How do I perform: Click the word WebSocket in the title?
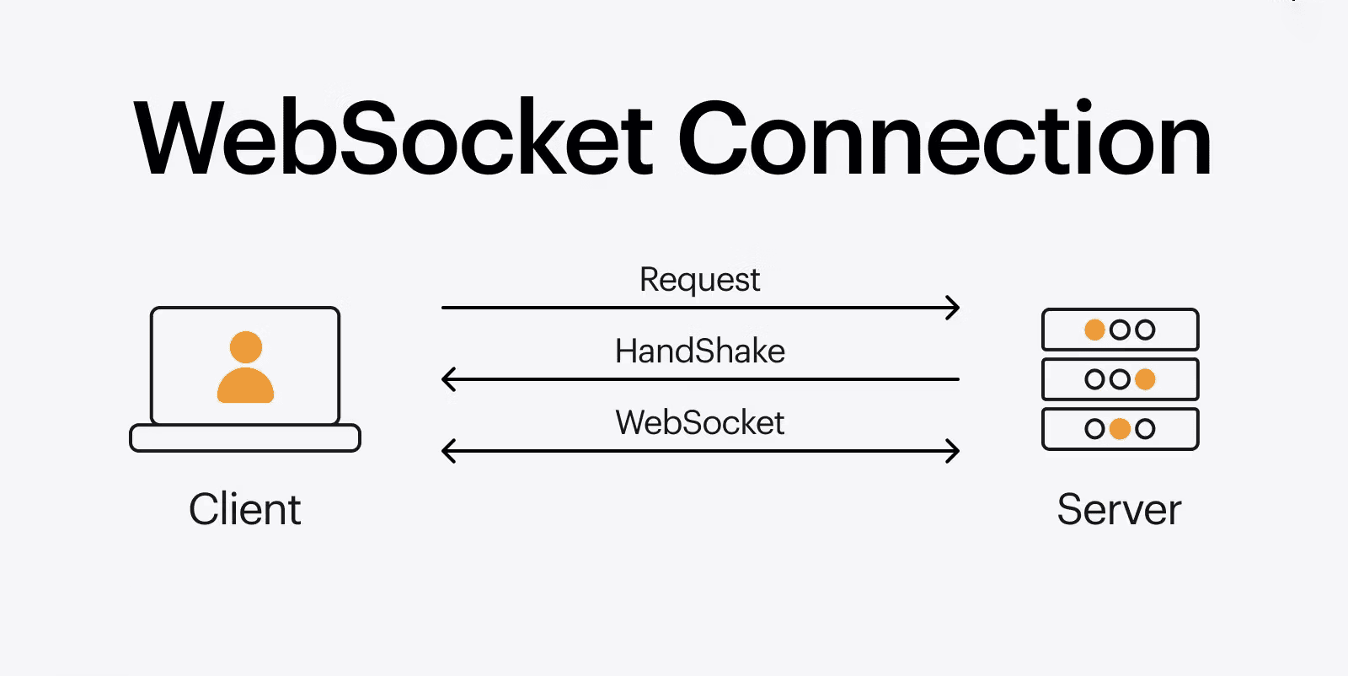(393, 139)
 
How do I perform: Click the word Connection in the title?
(944, 139)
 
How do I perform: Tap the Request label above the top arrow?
(699, 280)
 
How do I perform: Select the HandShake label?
(699, 351)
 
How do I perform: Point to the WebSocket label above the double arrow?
(699, 422)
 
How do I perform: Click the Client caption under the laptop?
(244, 509)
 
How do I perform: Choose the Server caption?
(1119, 509)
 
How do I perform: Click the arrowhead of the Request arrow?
(954, 308)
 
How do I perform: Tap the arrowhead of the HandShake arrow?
(448, 379)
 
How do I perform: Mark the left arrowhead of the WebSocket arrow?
(448, 451)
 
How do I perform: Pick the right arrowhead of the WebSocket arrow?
(954, 451)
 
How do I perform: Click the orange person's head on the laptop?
(246, 347)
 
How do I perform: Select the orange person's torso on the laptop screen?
(245, 386)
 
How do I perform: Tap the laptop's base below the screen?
(244, 438)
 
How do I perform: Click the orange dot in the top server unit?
(1094, 330)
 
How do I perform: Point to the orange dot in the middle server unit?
(1145, 379)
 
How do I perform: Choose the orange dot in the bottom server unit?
(1120, 429)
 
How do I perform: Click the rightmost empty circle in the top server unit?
(1145, 330)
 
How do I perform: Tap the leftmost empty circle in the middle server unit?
(1094, 379)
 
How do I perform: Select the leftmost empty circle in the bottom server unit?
(1094, 429)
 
